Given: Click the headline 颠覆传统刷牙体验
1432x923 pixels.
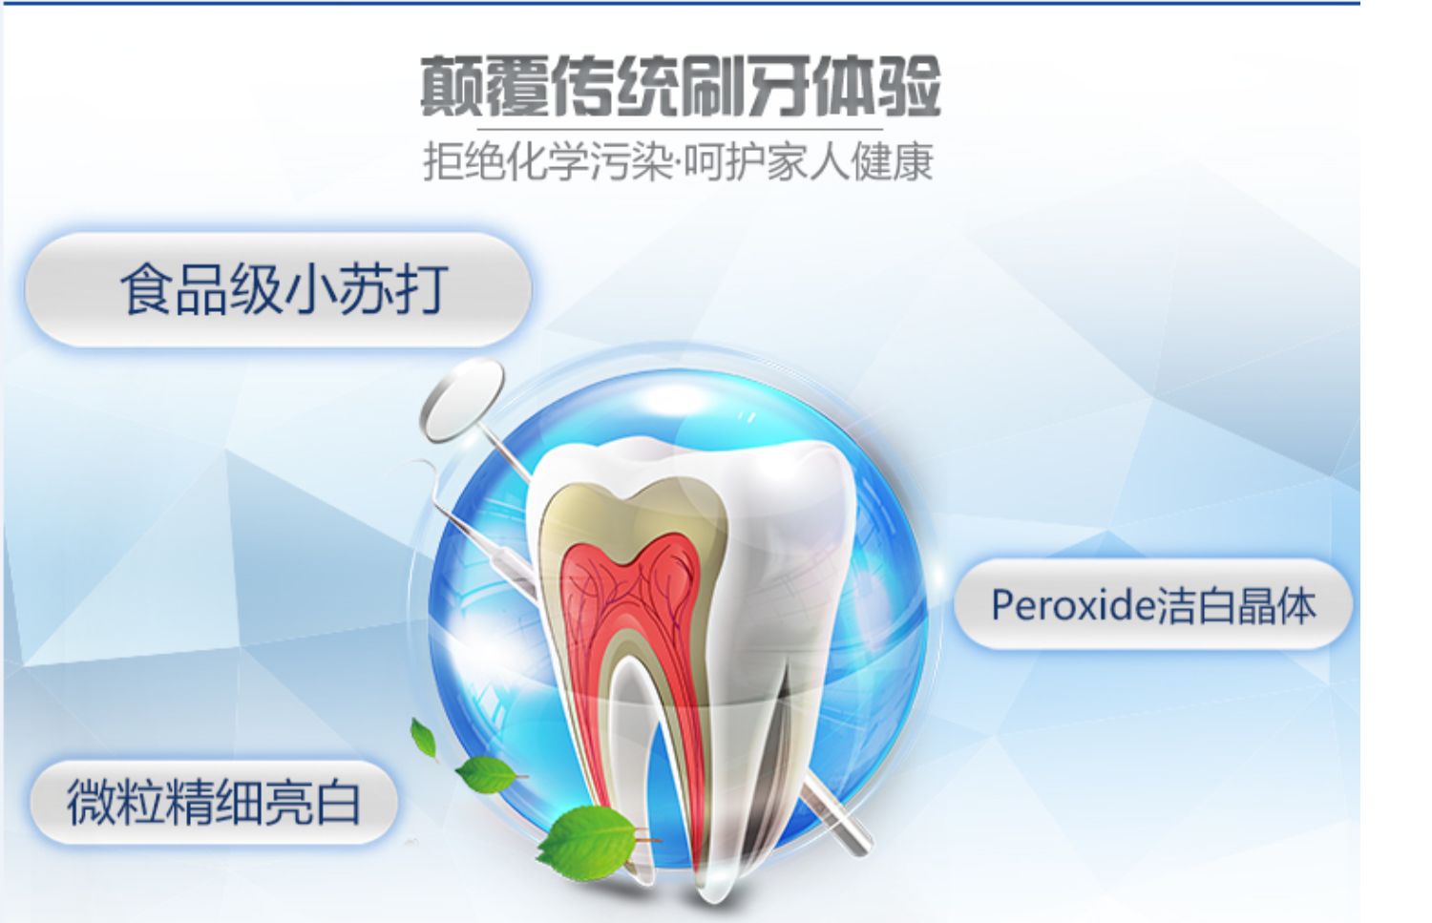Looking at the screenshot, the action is coord(680,86).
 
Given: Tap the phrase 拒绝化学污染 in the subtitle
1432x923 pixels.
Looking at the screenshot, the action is coord(548,161).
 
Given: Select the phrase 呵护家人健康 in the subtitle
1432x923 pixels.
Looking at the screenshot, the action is coord(809,161).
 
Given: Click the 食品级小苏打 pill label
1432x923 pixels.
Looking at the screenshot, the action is coord(279,290).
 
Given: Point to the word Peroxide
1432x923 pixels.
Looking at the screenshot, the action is coord(1073,605).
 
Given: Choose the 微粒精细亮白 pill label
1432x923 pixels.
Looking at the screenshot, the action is coord(214,802).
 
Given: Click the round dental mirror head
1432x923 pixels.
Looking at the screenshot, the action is coord(462,401).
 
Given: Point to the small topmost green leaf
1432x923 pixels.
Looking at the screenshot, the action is coord(423,740).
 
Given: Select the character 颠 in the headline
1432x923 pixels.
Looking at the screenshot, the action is coord(452,86).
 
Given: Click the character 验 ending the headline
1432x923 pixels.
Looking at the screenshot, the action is coord(909,86).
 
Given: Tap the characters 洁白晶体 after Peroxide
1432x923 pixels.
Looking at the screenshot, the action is coord(1236,605).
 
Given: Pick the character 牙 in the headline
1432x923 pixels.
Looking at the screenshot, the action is coord(779,86).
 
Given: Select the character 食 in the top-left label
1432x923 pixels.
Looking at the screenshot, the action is coord(148,289).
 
